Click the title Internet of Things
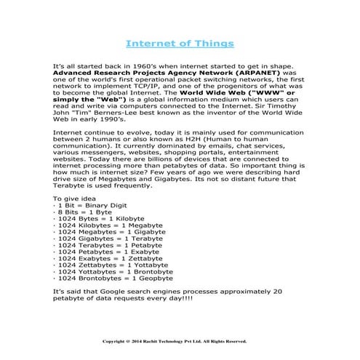click(x=180, y=43)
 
